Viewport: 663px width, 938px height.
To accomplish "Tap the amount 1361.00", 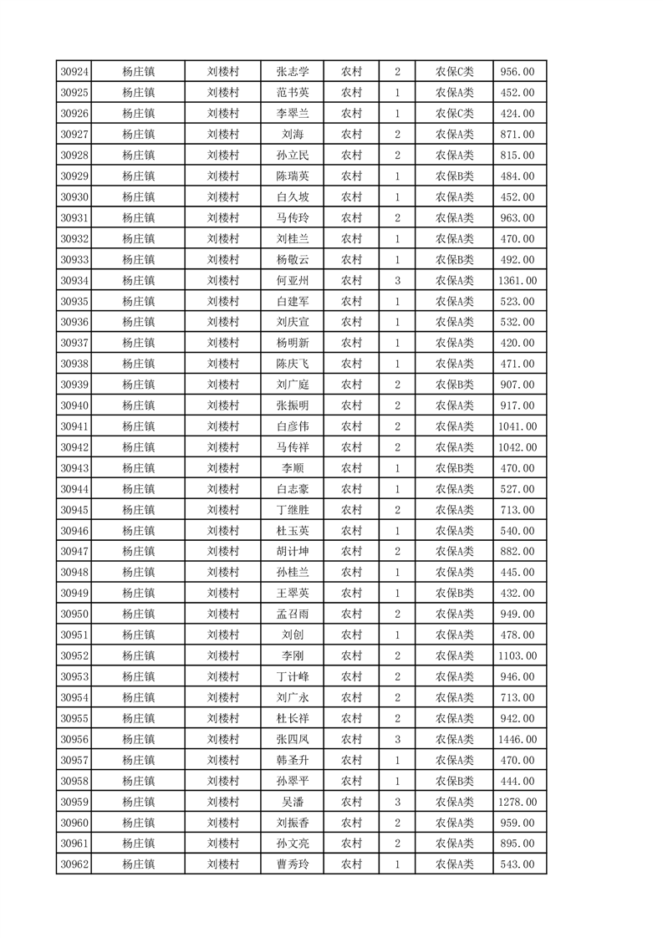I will [517, 280].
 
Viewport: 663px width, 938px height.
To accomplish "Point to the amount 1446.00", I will [517, 739].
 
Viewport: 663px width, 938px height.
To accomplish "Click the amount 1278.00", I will [517, 802].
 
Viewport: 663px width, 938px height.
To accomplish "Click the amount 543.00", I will [517, 864].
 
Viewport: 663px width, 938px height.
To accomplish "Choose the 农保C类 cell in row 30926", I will [454, 114].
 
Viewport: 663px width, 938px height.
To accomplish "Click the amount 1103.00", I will [517, 655].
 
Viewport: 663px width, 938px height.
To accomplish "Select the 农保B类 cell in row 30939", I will [454, 385].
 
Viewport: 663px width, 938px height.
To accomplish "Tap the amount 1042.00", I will [517, 447].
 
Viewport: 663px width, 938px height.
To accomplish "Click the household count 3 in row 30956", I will [397, 739].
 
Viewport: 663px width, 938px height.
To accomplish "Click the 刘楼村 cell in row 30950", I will [223, 614].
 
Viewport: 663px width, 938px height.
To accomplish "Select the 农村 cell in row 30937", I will [351, 343].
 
